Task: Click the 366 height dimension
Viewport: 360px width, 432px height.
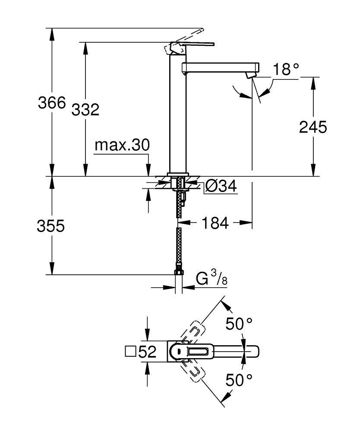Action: coord(51,103)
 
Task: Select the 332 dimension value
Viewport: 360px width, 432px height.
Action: coord(85,109)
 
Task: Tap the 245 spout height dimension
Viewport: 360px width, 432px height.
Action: coord(313,127)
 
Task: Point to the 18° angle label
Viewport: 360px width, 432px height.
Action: coord(285,69)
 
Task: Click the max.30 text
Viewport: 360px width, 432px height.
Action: coord(122,145)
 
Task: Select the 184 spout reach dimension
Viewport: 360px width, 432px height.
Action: coord(215,223)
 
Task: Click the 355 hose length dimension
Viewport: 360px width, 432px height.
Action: coord(51,226)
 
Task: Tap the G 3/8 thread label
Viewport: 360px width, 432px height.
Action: coord(211,279)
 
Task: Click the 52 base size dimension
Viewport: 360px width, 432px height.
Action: coord(147,352)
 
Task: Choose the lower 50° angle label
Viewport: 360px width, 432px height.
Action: coord(238,380)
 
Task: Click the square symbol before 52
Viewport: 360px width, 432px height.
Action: coord(129,352)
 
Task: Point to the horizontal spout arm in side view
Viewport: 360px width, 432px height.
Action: coord(220,68)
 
